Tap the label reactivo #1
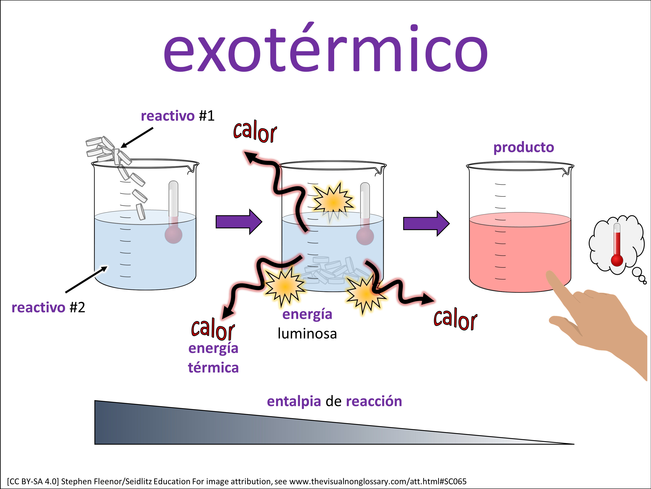[178, 116]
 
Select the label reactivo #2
[48, 308]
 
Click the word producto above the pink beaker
[524, 147]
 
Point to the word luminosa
[307, 334]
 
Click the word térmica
[213, 368]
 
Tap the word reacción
[374, 401]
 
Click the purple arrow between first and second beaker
[238, 222]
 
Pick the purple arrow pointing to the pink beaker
[426, 223]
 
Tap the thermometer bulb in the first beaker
[173, 235]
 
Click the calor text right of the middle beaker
[455, 319]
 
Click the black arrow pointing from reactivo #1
[137, 137]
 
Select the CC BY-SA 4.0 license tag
[33, 481]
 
